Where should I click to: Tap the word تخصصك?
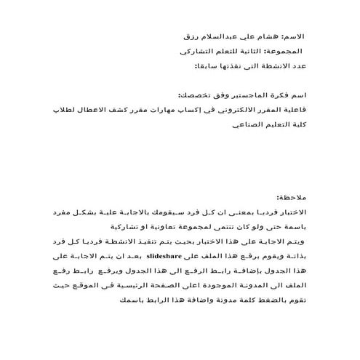click(191, 96)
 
